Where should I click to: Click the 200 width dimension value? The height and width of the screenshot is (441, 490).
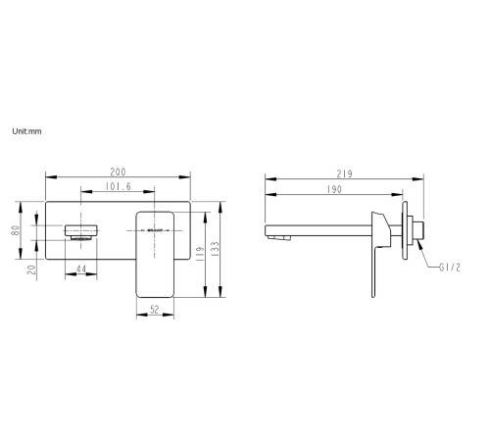coord(118,171)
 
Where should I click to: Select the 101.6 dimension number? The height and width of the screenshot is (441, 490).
coord(118,186)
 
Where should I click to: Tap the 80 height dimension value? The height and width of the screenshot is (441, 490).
coord(16,230)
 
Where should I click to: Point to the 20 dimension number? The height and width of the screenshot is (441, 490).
coord(31,269)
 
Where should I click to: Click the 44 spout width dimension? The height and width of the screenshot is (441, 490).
coord(81,269)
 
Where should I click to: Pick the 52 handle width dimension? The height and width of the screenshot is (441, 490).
coord(155,310)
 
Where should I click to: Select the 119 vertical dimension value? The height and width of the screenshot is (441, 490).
coord(200,254)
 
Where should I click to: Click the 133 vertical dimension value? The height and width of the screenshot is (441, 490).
coord(215,249)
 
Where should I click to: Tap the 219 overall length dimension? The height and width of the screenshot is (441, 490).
coord(344,173)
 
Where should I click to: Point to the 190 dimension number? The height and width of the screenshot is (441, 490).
coord(334,189)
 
